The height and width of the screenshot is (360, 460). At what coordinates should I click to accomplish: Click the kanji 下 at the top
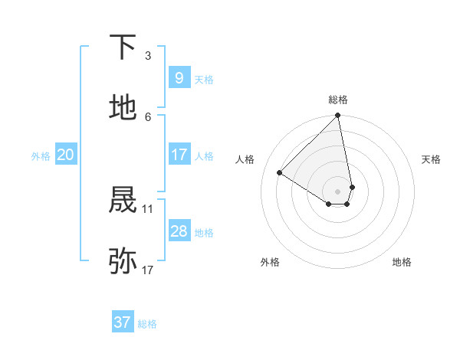[123, 48]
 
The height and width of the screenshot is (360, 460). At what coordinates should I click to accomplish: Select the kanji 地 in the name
[123, 108]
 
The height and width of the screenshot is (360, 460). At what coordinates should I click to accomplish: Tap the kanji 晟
[123, 200]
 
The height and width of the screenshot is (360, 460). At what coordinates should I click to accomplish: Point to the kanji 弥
[123, 261]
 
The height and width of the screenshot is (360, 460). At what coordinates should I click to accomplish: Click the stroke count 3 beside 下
[148, 55]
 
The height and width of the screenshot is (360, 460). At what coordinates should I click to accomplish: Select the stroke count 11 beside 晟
[148, 208]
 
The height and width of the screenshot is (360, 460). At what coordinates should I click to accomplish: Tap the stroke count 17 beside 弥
[148, 269]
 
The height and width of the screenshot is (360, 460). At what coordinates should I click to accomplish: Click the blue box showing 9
[179, 77]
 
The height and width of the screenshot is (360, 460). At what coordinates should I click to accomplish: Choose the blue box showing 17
[179, 155]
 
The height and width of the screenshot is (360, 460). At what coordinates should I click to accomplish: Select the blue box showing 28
[179, 231]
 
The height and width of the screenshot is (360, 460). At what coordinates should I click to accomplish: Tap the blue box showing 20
[65, 155]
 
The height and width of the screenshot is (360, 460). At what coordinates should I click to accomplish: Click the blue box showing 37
[122, 322]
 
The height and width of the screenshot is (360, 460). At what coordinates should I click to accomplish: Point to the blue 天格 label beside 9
[203, 79]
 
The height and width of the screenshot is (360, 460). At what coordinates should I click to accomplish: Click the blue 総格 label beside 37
[147, 324]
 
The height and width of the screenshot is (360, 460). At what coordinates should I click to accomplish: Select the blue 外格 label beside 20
[41, 156]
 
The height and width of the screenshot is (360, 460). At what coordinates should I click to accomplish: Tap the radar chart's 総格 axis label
[338, 100]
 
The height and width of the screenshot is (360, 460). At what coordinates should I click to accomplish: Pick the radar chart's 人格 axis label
[245, 159]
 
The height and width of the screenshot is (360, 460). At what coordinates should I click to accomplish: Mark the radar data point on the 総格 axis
[338, 116]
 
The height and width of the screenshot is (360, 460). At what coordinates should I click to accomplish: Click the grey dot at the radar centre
[338, 191]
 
